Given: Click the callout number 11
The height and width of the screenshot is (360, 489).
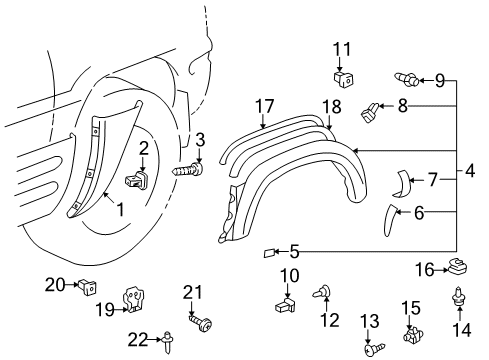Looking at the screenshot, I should [x=343, y=47].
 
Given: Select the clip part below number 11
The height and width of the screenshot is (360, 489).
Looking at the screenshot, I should [x=341, y=75].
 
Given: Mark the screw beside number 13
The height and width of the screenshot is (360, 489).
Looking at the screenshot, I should [x=371, y=351].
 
